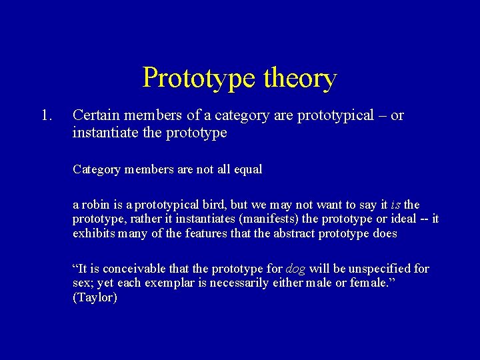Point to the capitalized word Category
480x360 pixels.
pos(96,169)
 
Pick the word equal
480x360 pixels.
pos(248,169)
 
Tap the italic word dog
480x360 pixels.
pos(296,269)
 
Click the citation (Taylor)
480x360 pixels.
pos(95,298)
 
